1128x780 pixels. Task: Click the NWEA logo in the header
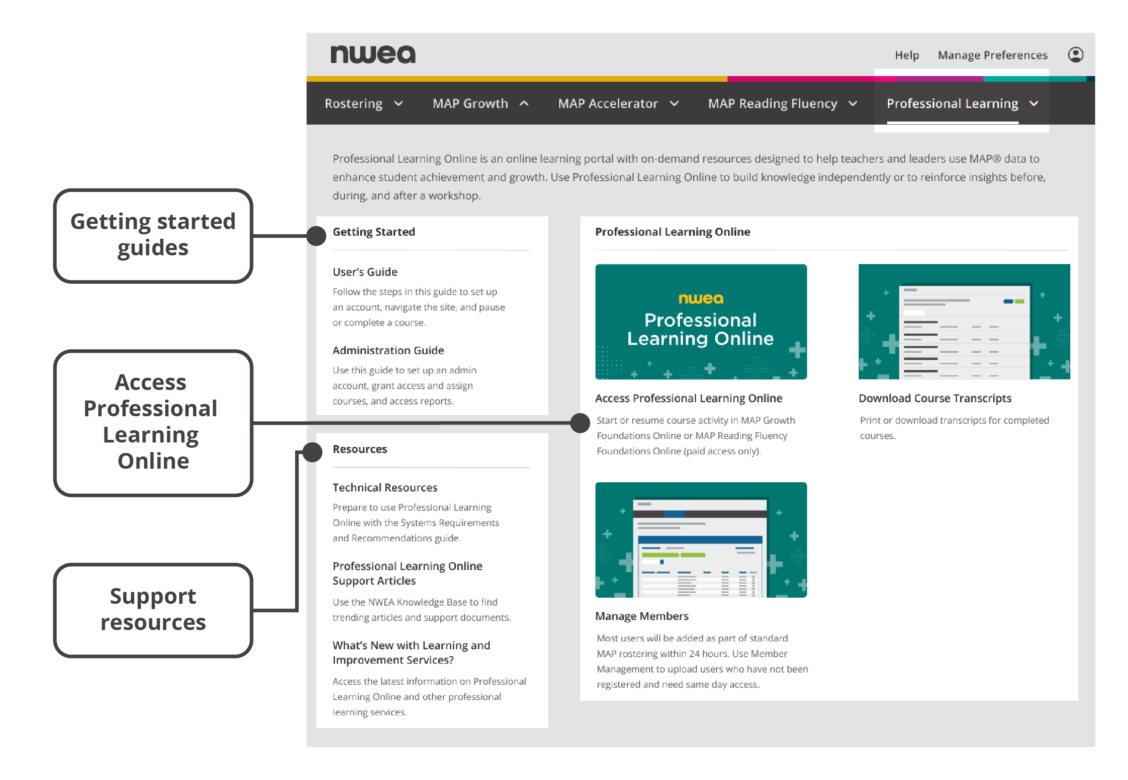[x=373, y=54]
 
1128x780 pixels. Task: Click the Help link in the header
[x=907, y=55]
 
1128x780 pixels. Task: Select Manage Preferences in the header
[x=992, y=55]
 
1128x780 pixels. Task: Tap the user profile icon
[x=1075, y=55]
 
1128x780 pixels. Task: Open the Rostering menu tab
[x=364, y=104]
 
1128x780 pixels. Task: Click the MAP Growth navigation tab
[x=480, y=104]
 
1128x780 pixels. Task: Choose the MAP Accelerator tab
[x=618, y=104]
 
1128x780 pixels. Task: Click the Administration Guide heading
[x=388, y=350]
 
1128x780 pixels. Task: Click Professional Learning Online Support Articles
[x=407, y=573]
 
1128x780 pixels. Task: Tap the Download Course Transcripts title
[x=934, y=398]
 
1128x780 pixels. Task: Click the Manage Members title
[x=641, y=616]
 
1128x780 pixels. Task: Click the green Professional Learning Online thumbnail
[x=700, y=322]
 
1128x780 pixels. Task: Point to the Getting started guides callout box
[x=153, y=236]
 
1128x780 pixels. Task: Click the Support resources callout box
[x=153, y=610]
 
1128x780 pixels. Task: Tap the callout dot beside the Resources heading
[x=312, y=452]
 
